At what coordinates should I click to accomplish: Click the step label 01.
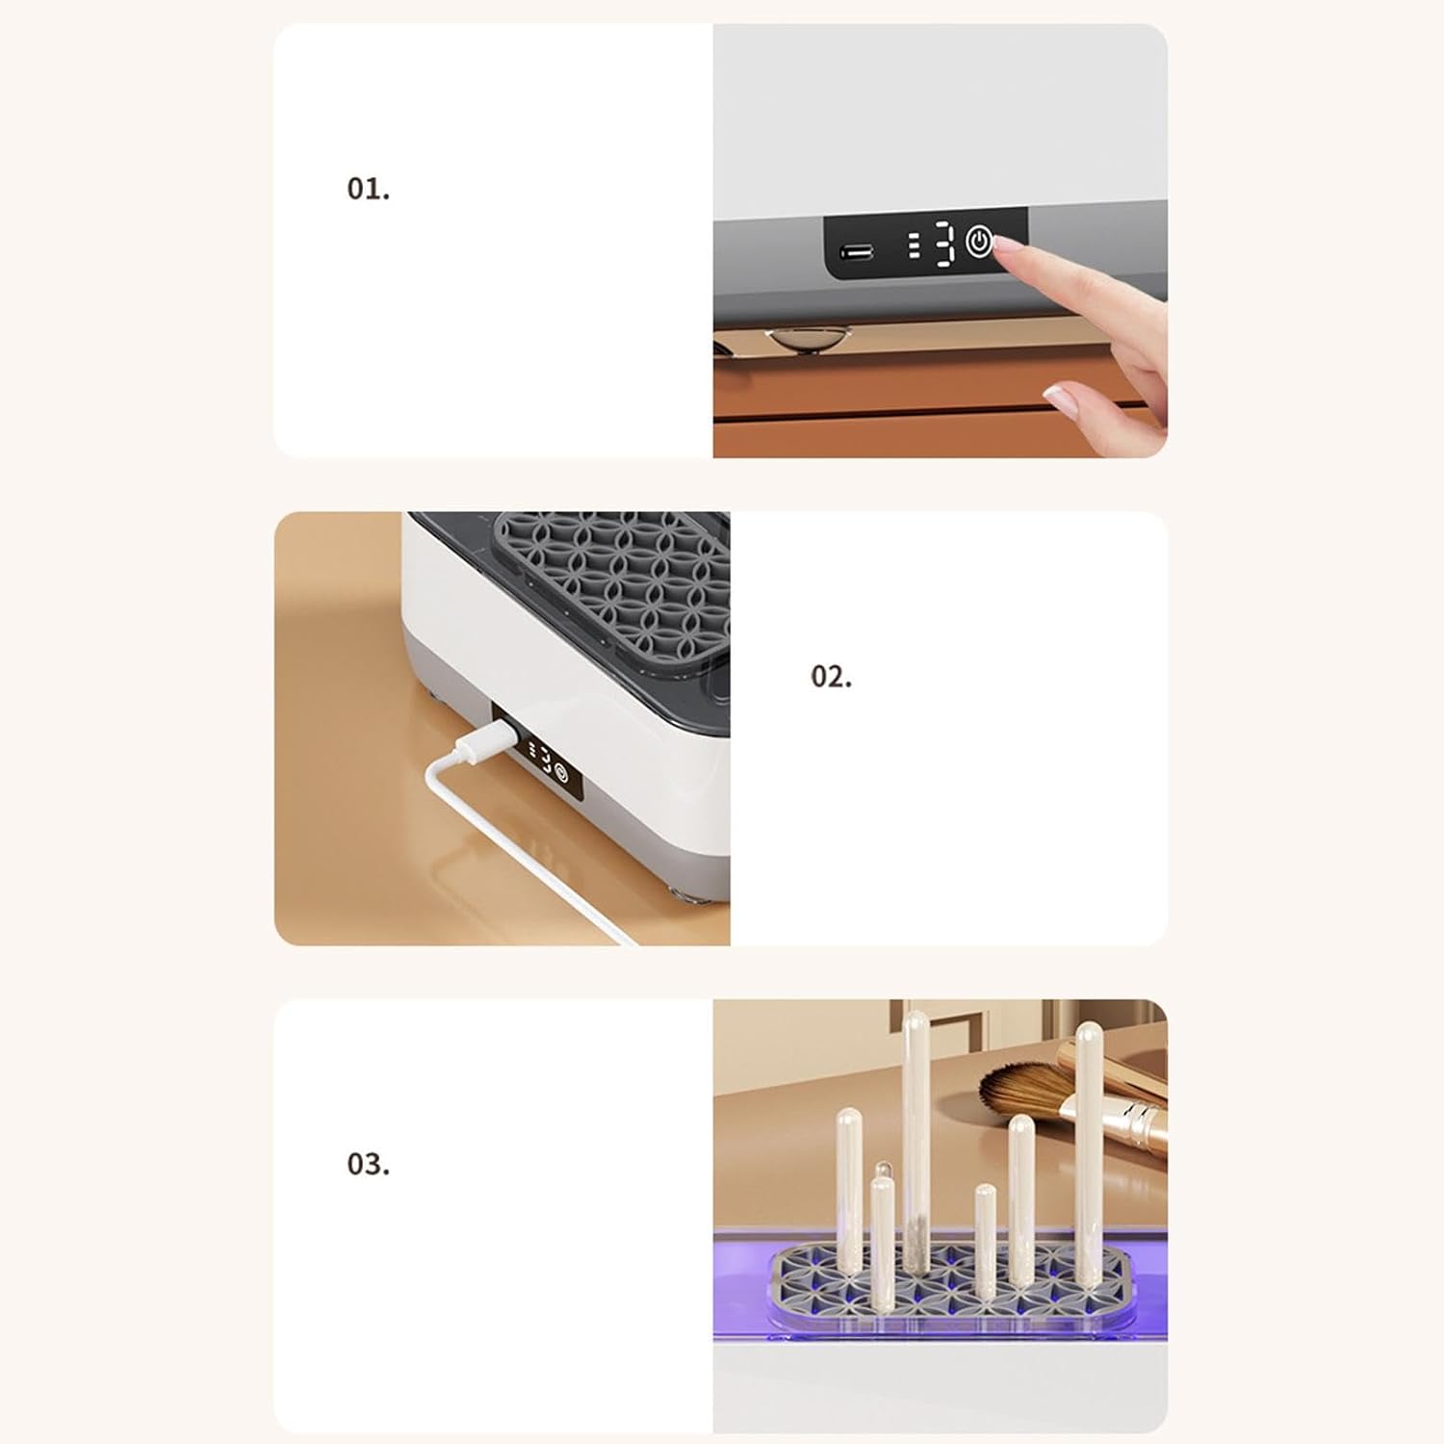[369, 189]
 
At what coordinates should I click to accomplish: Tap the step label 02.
[831, 677]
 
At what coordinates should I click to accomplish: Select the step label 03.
[369, 1165]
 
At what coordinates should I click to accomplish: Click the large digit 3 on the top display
[945, 244]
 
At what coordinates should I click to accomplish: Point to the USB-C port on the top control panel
[857, 252]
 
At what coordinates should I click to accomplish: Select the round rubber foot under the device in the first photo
[809, 339]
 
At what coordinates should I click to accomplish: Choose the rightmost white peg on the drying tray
[1089, 1155]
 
